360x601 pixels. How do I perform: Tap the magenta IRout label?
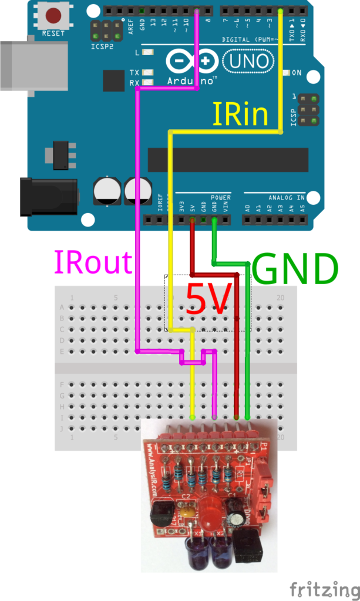(93, 262)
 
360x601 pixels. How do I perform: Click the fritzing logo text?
(324, 589)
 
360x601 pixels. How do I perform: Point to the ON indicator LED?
(287, 73)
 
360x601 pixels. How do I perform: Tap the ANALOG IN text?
(284, 198)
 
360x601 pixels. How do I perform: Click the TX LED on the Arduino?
(148, 73)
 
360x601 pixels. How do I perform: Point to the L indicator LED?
(148, 52)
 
